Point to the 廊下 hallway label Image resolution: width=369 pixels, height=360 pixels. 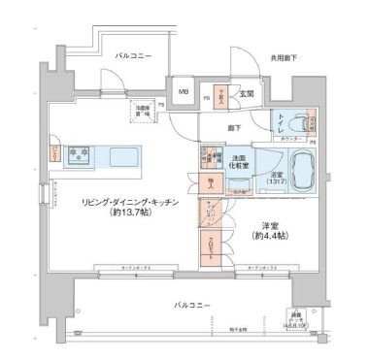(235, 126)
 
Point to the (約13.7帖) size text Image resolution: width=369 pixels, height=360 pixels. (121, 213)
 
